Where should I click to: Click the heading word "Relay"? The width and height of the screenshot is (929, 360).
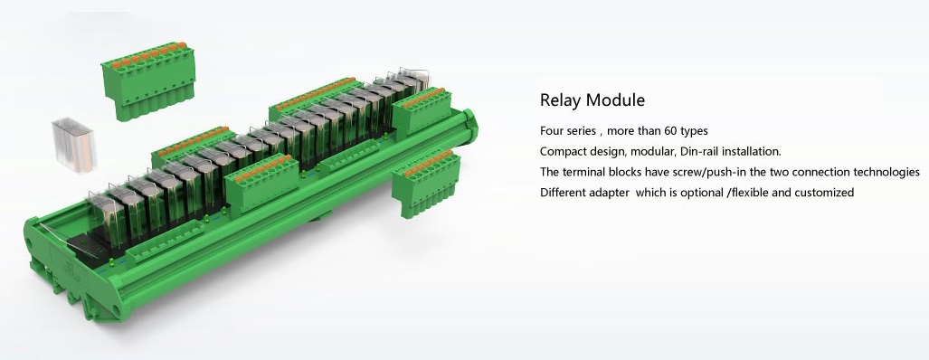click(x=560, y=99)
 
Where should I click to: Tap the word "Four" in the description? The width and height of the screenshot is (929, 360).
click(x=553, y=131)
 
